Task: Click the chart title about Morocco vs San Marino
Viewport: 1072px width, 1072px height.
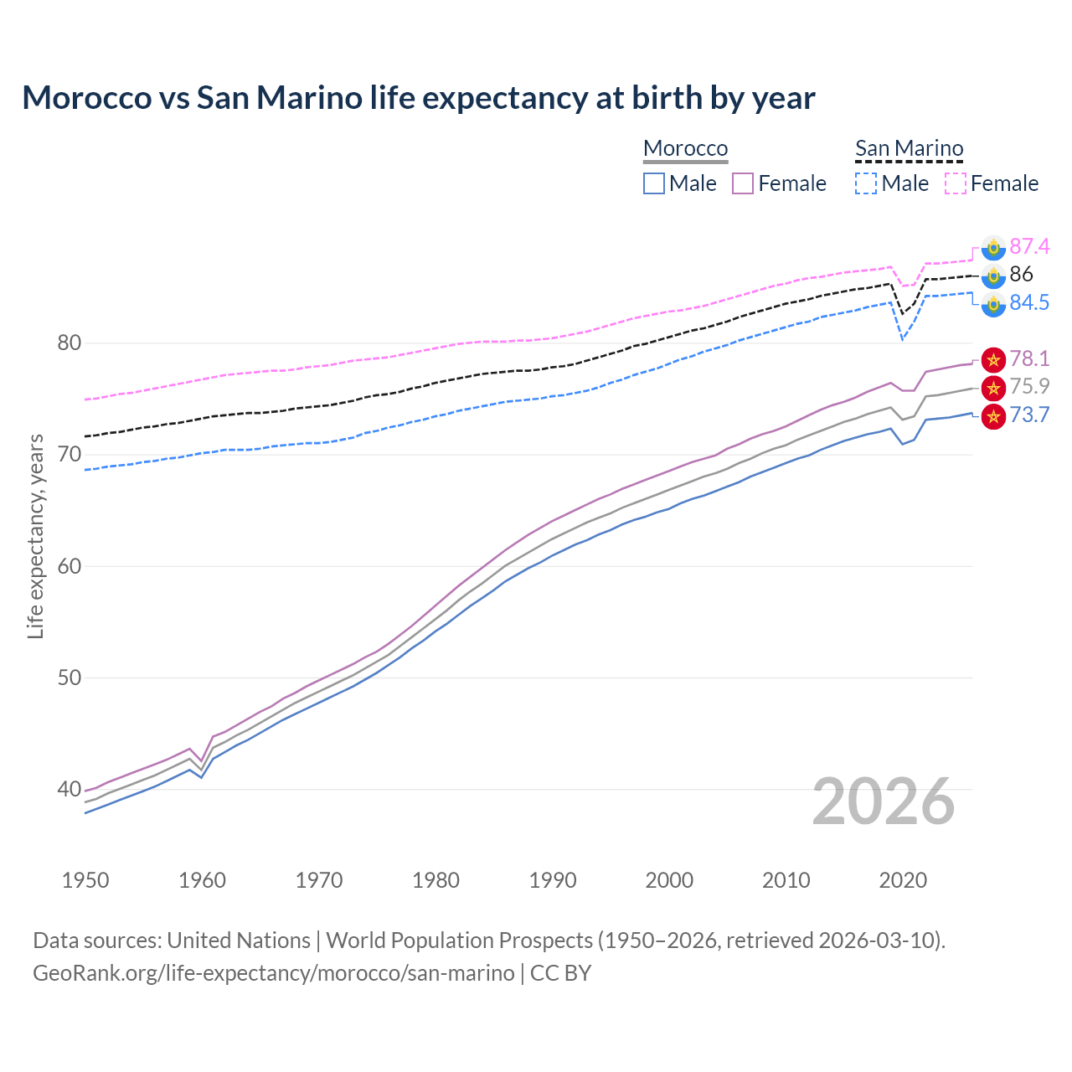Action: click(418, 98)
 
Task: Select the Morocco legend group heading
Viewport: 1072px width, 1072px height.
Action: click(685, 148)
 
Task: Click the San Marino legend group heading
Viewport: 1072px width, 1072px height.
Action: click(909, 148)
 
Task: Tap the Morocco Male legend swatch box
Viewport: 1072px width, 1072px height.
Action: click(654, 183)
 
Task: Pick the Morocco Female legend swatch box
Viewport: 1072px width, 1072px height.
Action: click(743, 183)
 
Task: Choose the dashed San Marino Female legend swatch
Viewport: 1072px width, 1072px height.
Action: click(956, 183)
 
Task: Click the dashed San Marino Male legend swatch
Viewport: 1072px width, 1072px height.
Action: click(866, 183)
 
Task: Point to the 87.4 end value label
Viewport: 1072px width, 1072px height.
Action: click(1028, 246)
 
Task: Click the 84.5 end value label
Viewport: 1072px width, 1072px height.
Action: click(1028, 302)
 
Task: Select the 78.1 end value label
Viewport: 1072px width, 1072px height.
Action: click(1028, 358)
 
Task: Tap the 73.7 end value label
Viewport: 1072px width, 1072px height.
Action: click(1028, 415)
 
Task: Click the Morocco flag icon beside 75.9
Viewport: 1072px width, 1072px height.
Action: click(993, 387)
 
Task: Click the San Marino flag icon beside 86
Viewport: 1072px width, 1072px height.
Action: click(993, 275)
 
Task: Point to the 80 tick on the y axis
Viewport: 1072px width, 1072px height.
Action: click(70, 343)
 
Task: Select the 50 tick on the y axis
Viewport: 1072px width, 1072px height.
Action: click(70, 678)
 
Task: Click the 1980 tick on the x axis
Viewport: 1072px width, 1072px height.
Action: click(435, 880)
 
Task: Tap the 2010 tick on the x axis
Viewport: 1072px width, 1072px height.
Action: click(786, 880)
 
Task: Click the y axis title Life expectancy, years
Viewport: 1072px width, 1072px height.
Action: click(35, 536)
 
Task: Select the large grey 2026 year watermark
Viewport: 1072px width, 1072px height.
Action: click(883, 801)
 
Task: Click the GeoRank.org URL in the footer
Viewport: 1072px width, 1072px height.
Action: click(274, 973)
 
